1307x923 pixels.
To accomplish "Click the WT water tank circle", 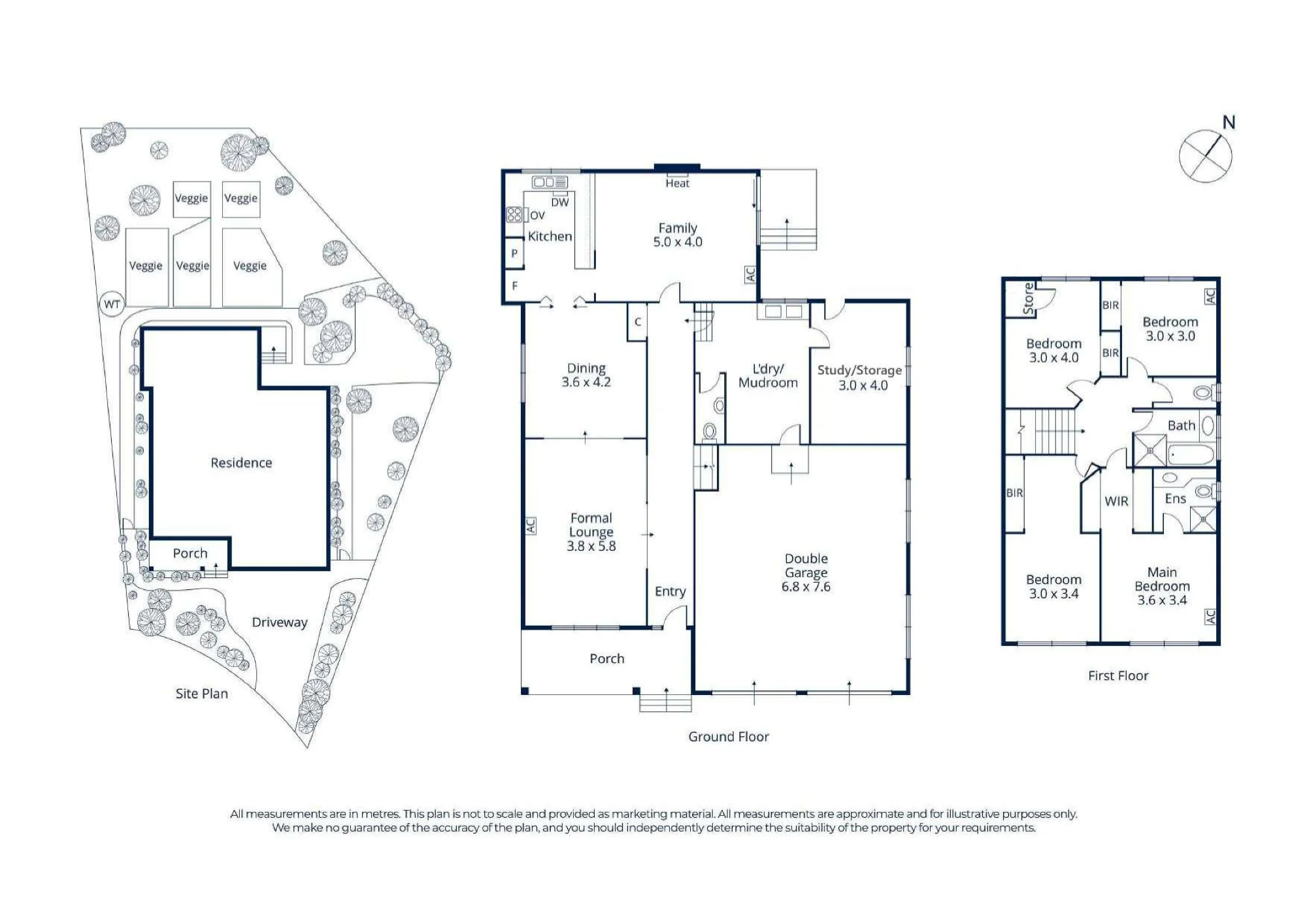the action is coord(112,304).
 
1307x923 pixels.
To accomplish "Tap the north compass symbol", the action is coord(1206,155).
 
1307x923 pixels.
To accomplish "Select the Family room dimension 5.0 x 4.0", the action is coord(678,242).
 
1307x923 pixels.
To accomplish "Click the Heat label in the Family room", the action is coord(678,184).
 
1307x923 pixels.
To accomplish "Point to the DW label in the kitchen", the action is coord(560,202).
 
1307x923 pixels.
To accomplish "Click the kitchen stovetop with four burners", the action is coord(514,214).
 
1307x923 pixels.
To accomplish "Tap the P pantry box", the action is coord(514,253).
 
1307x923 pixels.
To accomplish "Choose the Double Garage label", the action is coord(806,566).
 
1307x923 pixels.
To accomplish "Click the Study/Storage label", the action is coord(859,370).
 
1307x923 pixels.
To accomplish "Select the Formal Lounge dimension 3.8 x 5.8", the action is coord(591,546).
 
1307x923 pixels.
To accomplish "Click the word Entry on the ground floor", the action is coord(670,591).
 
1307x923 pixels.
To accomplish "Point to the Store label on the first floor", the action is coord(1029,299).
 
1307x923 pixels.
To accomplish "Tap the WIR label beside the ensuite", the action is coord(1117,501).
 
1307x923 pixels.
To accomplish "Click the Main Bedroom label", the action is coord(1162,579).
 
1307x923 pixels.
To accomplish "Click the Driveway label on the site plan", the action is coord(280,623).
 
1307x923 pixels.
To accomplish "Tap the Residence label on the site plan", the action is coord(241,462).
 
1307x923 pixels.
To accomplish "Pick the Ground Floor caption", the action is coord(729,737).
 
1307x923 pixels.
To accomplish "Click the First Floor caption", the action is coord(1118,675).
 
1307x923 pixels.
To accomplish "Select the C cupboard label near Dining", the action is coord(638,322).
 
